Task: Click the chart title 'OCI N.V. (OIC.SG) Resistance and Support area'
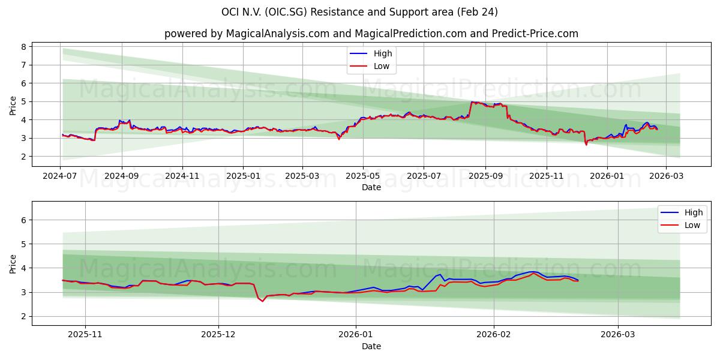pyautogui.click(x=359, y=12)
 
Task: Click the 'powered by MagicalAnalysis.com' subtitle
pyautogui.click(x=371, y=34)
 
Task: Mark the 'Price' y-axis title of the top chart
pyautogui.click(x=13, y=106)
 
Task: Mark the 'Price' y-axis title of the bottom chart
pyautogui.click(x=13, y=264)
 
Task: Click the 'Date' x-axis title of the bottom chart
pyautogui.click(x=371, y=347)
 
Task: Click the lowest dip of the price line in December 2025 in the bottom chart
pyautogui.click(x=262, y=301)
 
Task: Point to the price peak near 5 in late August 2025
pyautogui.click(x=472, y=102)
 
